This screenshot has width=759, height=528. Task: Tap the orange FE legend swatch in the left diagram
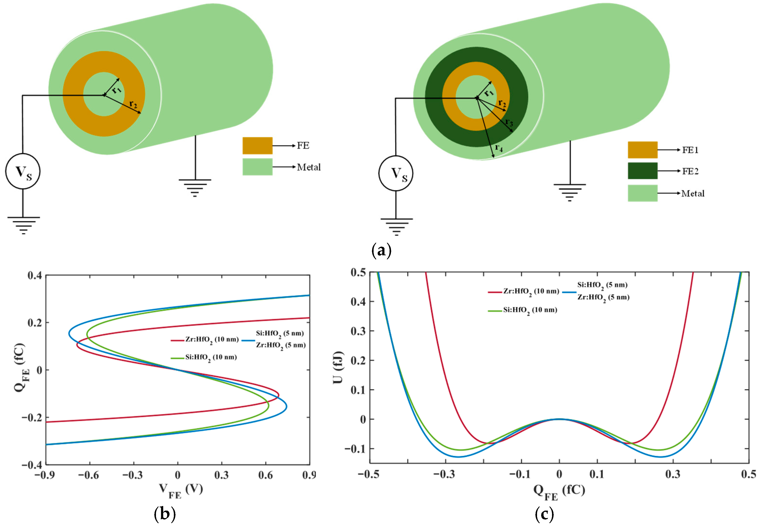pyautogui.click(x=257, y=146)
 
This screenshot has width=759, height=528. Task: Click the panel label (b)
pyautogui.click(x=165, y=514)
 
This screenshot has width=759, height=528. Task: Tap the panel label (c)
pyautogui.click(x=544, y=514)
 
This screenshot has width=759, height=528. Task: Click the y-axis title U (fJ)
pyautogui.click(x=338, y=367)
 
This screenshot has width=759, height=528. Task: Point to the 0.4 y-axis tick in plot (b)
pyautogui.click(x=35, y=275)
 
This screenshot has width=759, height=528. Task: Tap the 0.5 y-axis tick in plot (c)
pyautogui.click(x=358, y=272)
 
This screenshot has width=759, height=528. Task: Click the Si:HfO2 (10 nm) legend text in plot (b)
pyautogui.click(x=211, y=357)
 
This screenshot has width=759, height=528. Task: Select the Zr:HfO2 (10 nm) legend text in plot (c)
pyautogui.click(x=531, y=291)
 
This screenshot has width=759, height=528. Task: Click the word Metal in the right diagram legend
pyautogui.click(x=693, y=193)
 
